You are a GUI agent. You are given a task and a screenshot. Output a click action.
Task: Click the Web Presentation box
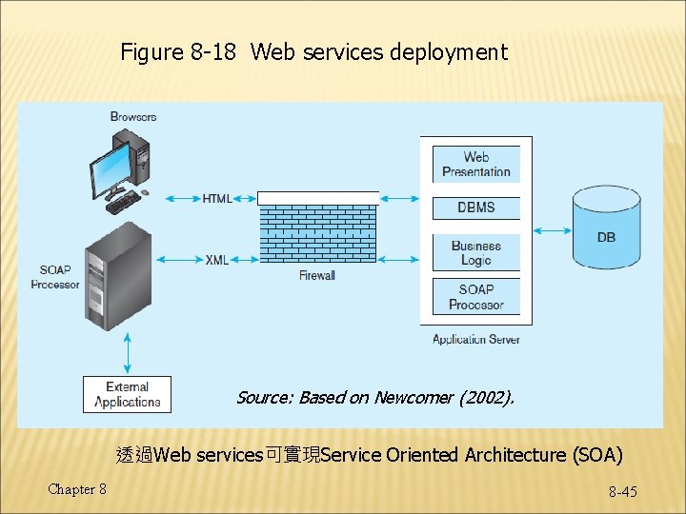pos(475,165)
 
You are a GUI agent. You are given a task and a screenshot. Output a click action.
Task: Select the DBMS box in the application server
pos(475,208)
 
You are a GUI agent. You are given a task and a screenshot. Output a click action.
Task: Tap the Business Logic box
pos(475,252)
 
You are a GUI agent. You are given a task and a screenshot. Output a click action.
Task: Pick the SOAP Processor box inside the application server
pos(475,297)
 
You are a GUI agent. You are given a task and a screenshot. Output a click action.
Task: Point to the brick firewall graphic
pos(317,228)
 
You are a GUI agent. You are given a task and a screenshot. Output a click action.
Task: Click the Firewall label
pos(317,276)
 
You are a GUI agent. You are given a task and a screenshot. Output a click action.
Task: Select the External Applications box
pos(127,394)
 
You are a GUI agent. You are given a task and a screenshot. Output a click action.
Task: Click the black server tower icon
pos(118,277)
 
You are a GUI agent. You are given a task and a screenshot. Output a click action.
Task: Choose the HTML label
pos(216,199)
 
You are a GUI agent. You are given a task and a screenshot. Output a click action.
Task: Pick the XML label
pos(216,260)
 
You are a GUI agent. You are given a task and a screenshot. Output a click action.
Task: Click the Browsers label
pos(133,117)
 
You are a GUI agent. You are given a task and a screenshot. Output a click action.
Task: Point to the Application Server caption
pos(475,339)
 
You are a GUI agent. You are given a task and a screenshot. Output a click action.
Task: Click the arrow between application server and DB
pos(552,229)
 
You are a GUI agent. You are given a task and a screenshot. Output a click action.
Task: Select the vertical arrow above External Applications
pos(127,352)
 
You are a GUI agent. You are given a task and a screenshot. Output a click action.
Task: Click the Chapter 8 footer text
pos(77,489)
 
